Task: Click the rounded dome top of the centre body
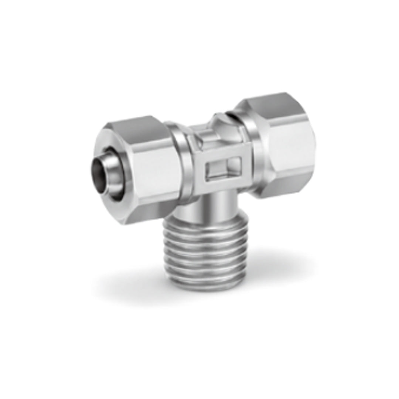(222, 124)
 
